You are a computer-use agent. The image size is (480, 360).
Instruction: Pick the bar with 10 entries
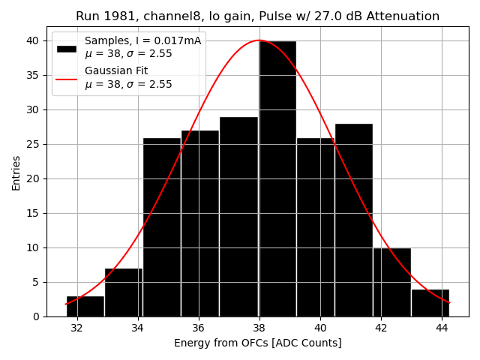coord(391,282)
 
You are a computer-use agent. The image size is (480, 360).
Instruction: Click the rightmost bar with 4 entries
coord(430,303)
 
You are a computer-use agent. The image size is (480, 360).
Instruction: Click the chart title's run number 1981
coord(116,16)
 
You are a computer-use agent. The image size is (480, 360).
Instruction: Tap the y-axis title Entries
coord(16,172)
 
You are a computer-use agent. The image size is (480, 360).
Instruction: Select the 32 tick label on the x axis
coord(76,328)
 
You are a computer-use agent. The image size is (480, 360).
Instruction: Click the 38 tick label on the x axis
coord(259,328)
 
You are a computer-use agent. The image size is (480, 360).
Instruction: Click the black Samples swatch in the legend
coord(66,48)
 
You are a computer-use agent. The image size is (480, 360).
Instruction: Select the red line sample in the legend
coord(66,77)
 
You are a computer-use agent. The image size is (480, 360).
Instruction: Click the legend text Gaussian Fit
coord(116,70)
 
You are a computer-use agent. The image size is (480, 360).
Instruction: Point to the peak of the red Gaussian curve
coord(259,40)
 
